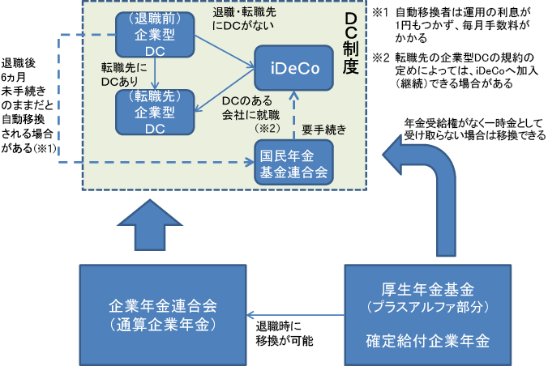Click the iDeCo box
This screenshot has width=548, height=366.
tap(293, 68)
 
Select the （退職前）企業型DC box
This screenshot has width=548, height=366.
tap(155, 35)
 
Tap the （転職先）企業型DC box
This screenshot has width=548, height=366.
tap(155, 112)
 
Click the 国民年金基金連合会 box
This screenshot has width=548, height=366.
tap(293, 163)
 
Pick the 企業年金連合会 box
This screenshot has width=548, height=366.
tap(163, 315)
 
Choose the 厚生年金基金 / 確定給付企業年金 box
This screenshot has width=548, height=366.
tap(428, 315)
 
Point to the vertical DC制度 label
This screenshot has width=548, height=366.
tap(350, 44)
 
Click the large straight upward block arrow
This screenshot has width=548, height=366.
tap(150, 225)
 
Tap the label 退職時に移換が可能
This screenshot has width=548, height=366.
tap(285, 334)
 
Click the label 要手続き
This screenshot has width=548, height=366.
tap(324, 130)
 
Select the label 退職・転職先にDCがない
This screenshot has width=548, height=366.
tap(244, 19)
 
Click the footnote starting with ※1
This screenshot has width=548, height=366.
tap(452, 25)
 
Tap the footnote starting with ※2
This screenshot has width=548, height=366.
tap(455, 70)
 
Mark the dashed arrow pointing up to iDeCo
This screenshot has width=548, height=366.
tap(294, 115)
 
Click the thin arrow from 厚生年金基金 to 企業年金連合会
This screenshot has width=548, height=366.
tap(296, 315)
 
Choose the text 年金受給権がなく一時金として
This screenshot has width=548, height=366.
tap(474, 123)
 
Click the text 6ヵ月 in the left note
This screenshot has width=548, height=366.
tap(13, 77)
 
